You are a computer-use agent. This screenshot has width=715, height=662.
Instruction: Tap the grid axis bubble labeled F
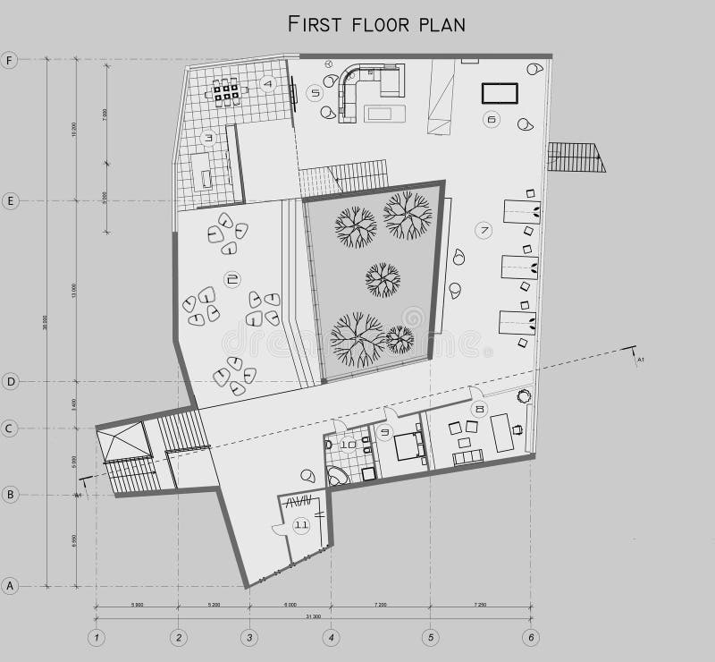tap(10, 61)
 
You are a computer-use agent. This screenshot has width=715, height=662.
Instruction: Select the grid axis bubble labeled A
tap(10, 587)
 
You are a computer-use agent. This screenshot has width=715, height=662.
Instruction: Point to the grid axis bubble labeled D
tap(10, 382)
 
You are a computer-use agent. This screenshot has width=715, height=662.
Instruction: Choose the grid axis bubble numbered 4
tap(332, 638)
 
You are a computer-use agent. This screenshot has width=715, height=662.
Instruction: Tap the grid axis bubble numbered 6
tap(531, 638)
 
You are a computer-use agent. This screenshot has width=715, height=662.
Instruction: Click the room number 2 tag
tap(231, 280)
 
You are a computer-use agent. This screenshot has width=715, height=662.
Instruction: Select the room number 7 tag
tap(484, 230)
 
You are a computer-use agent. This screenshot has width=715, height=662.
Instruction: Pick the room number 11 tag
tap(301, 525)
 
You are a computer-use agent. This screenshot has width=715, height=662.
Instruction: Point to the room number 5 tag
tap(314, 92)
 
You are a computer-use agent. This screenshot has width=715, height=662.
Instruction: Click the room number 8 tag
tap(480, 410)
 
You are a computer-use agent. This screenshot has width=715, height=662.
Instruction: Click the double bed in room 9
tap(410, 446)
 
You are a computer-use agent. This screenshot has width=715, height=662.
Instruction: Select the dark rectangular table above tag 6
tap(500, 93)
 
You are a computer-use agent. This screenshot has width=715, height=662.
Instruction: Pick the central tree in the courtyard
tap(383, 279)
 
